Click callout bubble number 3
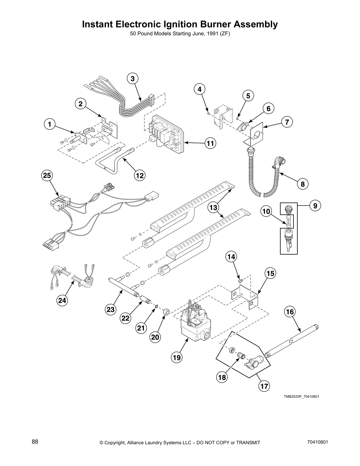coord(133,79)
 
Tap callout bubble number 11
coord(210,143)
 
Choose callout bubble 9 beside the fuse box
coord(315,206)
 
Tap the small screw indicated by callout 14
coord(241,281)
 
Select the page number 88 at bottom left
coord(35,442)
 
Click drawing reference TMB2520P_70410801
coord(301,397)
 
